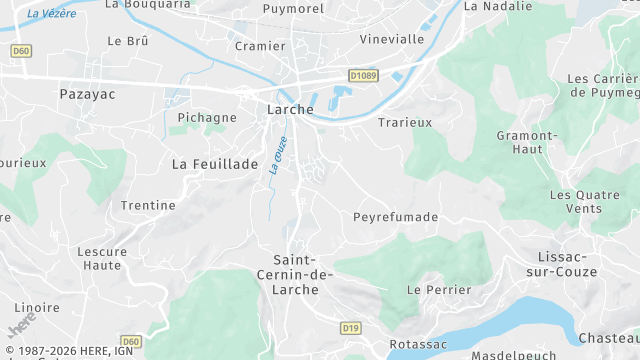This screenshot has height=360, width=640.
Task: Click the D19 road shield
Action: pos(350,327)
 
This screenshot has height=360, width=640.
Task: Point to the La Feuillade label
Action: pos(215,163)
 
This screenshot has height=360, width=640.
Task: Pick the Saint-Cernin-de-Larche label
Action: pos(296,274)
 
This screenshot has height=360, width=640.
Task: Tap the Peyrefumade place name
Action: pos(396,216)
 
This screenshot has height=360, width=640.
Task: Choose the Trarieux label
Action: pos(405,122)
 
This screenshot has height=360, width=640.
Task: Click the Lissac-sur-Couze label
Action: pos(567,264)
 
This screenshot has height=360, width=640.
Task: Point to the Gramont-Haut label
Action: pos(526,142)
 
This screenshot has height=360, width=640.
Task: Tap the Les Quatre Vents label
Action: pos(576,201)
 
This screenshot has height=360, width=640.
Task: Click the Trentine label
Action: pos(148,205)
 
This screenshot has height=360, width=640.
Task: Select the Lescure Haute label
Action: pos(102,258)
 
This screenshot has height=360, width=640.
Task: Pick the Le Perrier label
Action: pos(439,289)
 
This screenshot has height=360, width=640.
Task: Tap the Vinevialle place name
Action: pos(392,39)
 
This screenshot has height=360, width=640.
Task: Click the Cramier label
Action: pos(253,46)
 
